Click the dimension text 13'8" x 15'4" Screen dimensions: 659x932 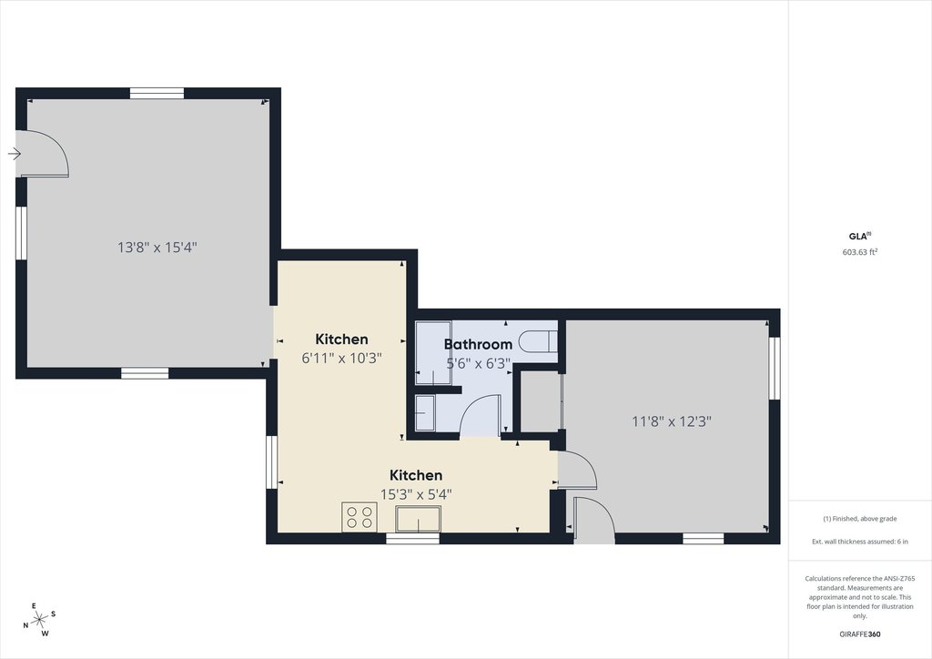coord(157,247)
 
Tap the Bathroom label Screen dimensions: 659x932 coord(478,344)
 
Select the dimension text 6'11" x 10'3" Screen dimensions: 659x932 coord(341,359)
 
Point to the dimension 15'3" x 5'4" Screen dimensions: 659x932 coord(416,494)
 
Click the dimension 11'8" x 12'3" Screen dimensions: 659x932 coord(671,421)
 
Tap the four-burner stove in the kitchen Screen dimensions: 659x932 coord(359,517)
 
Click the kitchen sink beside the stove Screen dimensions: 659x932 coord(418,519)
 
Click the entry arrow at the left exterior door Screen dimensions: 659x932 coord(14,154)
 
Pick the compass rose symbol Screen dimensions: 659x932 coord(39,621)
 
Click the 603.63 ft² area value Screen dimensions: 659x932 coord(860,253)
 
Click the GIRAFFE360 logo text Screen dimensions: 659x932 coord(859,634)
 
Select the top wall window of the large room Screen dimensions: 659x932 coord(157,92)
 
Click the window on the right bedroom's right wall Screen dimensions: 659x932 coord(775,368)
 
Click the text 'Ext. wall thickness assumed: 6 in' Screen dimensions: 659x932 coord(859,542)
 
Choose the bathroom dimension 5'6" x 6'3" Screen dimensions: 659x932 coord(478,363)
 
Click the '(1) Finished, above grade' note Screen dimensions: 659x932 coord(859,519)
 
